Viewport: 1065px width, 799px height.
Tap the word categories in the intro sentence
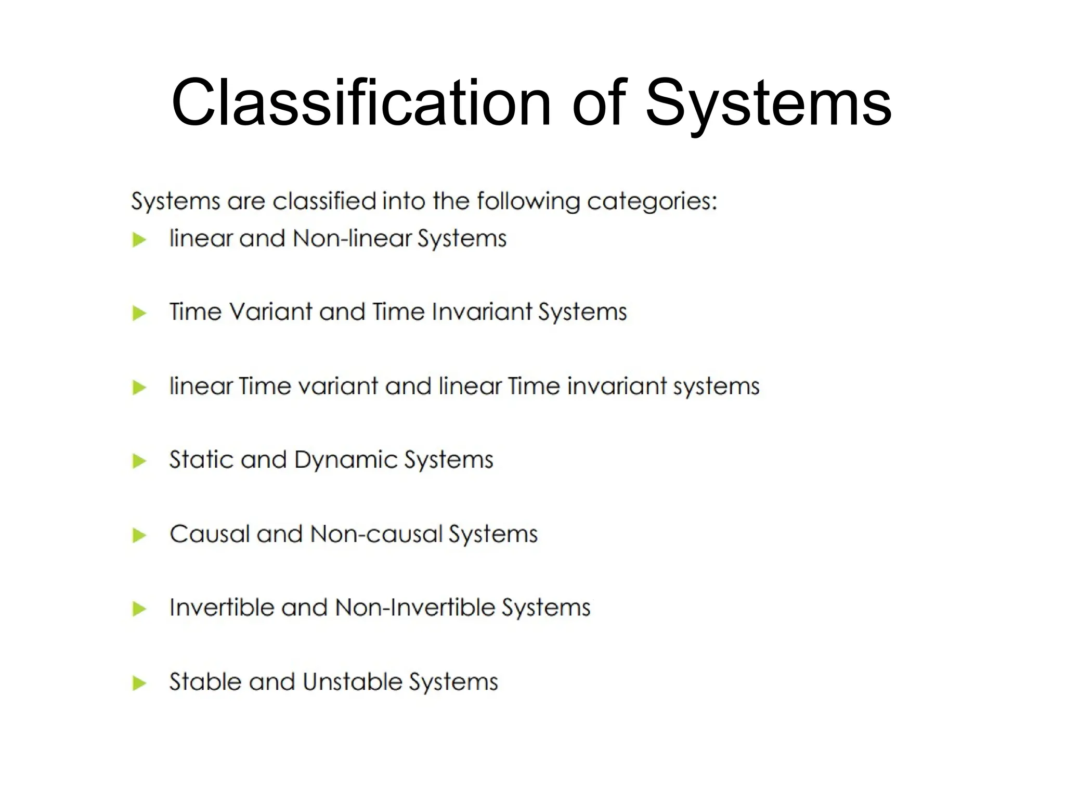(x=652, y=201)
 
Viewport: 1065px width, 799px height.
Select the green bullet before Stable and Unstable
(x=139, y=682)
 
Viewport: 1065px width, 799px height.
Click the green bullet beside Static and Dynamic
(x=139, y=461)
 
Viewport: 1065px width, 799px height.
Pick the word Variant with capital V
(x=270, y=312)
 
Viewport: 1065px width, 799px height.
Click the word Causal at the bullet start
(x=209, y=534)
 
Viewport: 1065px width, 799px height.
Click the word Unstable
(x=352, y=681)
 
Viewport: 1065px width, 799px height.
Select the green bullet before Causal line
(x=139, y=535)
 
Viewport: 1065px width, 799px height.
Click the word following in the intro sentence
(x=528, y=201)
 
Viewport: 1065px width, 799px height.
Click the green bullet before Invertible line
(x=139, y=609)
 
